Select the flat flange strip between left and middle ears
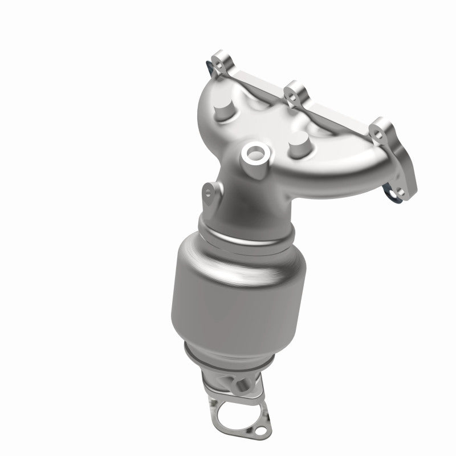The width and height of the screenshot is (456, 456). (x=256, y=74)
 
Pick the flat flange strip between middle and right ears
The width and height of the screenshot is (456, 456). (x=336, y=108)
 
